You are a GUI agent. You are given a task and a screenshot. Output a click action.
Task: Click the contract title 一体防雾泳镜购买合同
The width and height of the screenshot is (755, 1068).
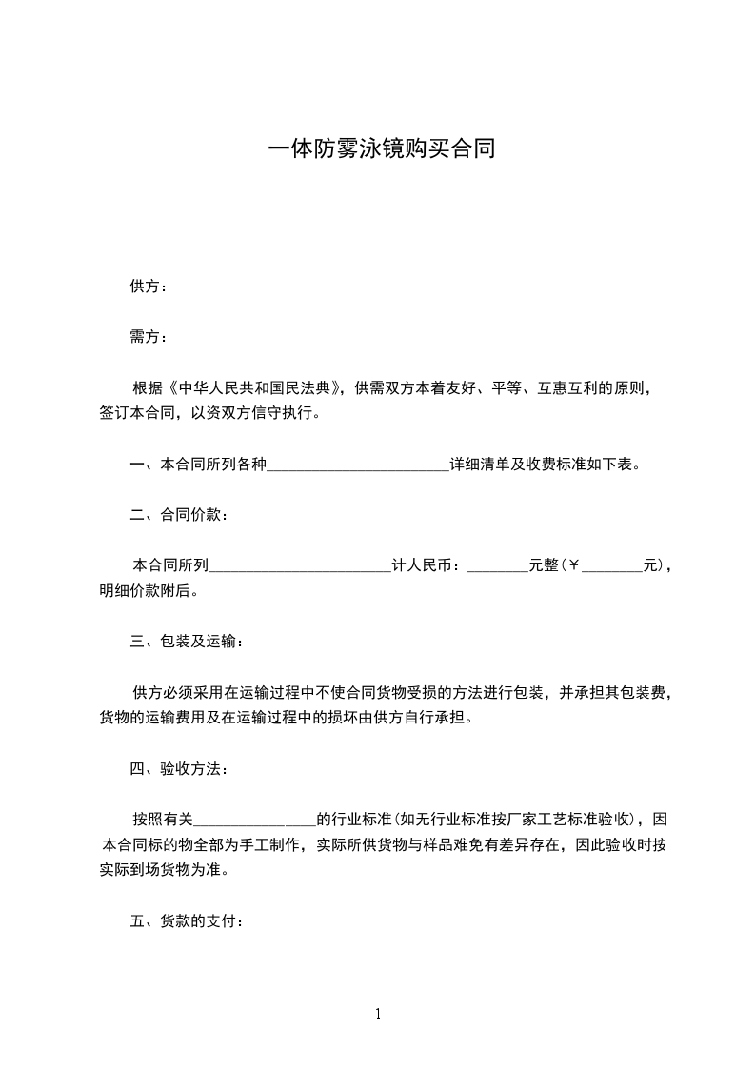pos(381,149)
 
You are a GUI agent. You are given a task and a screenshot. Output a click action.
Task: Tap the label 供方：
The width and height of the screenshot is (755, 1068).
pos(149,287)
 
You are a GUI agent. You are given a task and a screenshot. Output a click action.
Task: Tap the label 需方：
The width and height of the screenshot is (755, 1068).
pos(149,337)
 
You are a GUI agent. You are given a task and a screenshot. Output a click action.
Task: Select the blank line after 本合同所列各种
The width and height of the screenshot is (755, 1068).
pos(359,465)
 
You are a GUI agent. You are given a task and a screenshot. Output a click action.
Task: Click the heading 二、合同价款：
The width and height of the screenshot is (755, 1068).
pos(179,515)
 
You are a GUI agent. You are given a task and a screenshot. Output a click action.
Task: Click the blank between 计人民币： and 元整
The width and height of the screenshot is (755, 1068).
pos(498,566)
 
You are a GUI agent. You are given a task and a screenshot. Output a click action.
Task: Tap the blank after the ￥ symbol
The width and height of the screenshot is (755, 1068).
pos(611,566)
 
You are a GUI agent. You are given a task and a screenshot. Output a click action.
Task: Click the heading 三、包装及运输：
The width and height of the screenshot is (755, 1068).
pos(187,642)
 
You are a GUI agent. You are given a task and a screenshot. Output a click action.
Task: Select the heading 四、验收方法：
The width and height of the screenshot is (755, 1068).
pos(179,768)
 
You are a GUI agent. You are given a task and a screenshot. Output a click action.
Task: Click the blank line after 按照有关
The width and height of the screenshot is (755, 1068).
pos(254,820)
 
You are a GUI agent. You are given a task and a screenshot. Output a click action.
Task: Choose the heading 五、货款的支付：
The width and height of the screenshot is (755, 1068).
pos(187,920)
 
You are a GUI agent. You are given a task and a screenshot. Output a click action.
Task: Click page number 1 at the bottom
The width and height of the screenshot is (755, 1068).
pos(378,1014)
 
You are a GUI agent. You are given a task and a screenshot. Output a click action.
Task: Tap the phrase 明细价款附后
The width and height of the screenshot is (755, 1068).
pos(144,591)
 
